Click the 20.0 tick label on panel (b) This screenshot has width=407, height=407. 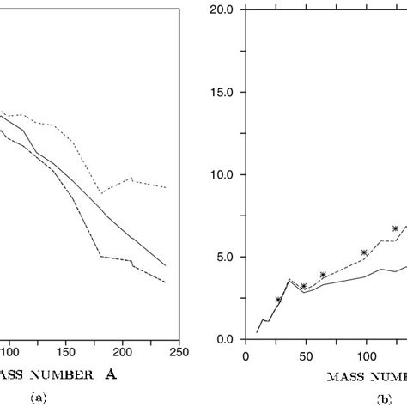pyautogui.click(x=223, y=9)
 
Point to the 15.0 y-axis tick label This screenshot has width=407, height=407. pyautogui.click(x=223, y=92)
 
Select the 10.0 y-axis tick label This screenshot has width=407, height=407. pyautogui.click(x=223, y=174)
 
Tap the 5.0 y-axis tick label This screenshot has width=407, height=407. pyautogui.click(x=227, y=257)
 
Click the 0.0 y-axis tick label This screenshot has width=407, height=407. pyautogui.click(x=227, y=339)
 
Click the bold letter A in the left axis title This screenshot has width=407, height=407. pyautogui.click(x=111, y=374)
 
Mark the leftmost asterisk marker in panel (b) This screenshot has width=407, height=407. pyautogui.click(x=278, y=300)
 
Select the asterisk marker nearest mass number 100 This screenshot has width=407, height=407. pyautogui.click(x=364, y=252)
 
